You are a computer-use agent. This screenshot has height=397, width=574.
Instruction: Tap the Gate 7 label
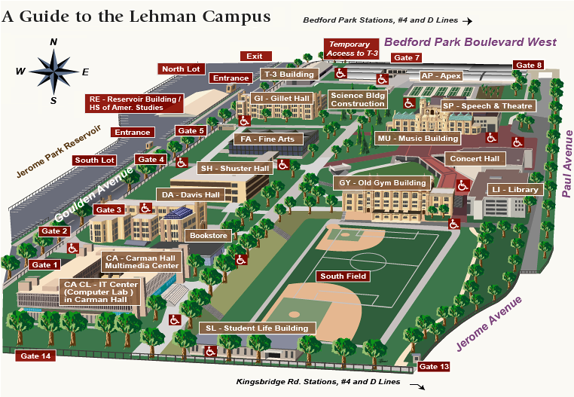tap(407, 58)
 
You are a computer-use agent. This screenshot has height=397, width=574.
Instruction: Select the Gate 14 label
tap(35, 356)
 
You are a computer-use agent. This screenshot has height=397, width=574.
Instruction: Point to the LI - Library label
tap(515, 189)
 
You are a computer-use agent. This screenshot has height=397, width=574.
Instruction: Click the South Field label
tap(343, 276)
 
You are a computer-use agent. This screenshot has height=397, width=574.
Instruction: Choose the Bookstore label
tap(208, 236)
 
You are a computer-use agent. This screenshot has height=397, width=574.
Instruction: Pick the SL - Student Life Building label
tap(257, 328)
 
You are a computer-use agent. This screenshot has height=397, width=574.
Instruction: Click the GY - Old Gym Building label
tap(382, 183)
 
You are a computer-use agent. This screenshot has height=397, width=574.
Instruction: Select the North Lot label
tap(181, 69)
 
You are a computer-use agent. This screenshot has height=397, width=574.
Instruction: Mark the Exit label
tap(255, 56)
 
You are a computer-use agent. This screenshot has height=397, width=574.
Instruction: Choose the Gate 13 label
tap(434, 367)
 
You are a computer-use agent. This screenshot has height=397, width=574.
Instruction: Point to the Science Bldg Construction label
tap(358, 99)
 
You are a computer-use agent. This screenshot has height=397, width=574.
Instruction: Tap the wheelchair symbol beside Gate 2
tap(73, 248)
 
